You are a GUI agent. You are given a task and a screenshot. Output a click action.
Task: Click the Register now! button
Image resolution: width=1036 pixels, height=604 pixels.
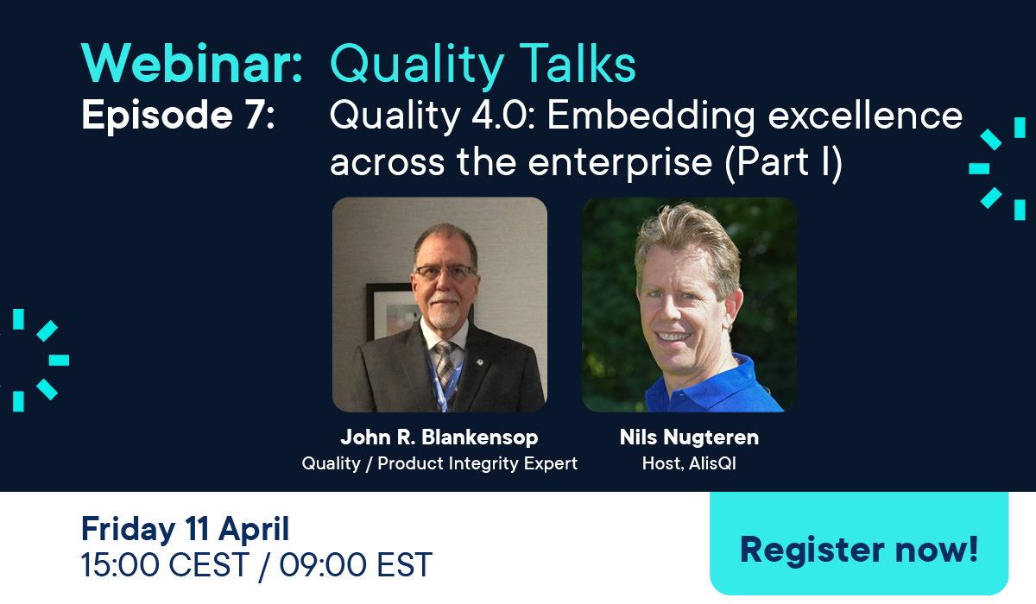(859, 549)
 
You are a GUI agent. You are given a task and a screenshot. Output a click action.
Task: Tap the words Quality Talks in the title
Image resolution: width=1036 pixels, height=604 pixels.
(483, 65)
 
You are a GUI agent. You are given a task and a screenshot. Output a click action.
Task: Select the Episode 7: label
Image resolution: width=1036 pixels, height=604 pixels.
(178, 116)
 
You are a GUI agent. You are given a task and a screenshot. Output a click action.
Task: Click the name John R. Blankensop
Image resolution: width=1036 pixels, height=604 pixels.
(439, 437)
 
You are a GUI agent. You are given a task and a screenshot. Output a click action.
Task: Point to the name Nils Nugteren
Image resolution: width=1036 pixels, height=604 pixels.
(689, 437)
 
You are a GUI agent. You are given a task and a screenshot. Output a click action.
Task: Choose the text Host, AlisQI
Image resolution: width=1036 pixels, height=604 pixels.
(689, 463)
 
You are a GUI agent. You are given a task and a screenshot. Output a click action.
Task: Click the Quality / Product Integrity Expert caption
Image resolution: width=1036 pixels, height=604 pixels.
(439, 463)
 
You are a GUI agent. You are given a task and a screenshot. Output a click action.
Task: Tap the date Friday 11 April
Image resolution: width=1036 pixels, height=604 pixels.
(185, 528)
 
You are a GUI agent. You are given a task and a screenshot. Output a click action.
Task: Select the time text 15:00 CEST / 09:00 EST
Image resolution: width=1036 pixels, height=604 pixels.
(256, 565)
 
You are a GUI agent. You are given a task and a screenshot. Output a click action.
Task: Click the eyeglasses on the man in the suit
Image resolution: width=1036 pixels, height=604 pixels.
(444, 273)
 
